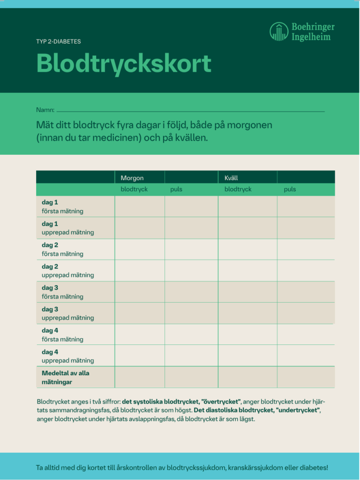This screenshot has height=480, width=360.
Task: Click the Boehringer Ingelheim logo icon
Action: click(279, 31)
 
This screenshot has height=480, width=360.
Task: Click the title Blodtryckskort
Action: click(124, 63)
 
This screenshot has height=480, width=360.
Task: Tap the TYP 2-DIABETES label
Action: click(59, 41)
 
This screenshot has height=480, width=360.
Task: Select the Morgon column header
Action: click(132, 178)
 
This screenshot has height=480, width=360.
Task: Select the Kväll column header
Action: click(231, 178)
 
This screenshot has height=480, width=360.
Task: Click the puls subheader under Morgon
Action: click(176, 189)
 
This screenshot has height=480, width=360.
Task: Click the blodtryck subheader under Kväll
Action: click(238, 189)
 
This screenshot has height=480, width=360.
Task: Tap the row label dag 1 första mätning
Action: click(62, 206)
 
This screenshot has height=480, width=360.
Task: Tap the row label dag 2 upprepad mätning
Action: click(67, 270)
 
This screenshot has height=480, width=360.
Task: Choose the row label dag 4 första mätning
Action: click(62, 335)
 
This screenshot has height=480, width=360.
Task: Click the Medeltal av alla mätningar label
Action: click(65, 377)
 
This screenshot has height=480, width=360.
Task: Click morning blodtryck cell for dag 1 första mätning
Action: click(139, 206)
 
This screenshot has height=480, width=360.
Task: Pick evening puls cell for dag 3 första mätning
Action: click(306, 292)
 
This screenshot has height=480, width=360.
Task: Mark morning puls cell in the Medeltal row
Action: click(191, 377)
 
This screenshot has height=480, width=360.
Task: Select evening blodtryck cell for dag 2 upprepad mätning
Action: click(247, 270)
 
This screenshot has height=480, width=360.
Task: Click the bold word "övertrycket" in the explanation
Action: click(221, 402)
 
